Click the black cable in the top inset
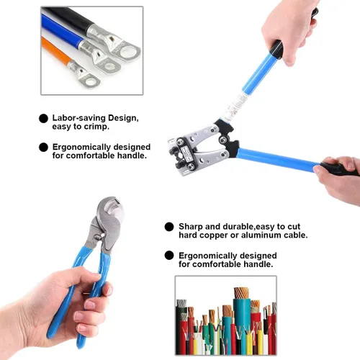[67, 19]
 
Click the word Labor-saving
[79, 118]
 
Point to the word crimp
[98, 127]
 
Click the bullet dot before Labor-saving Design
[43, 119]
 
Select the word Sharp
[191, 227]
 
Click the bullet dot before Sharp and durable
[169, 227]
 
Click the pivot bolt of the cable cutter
[97, 238]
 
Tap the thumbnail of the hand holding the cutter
[109, 291]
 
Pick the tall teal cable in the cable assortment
[242, 322]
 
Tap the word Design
[123, 118]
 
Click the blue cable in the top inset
[62, 31]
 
